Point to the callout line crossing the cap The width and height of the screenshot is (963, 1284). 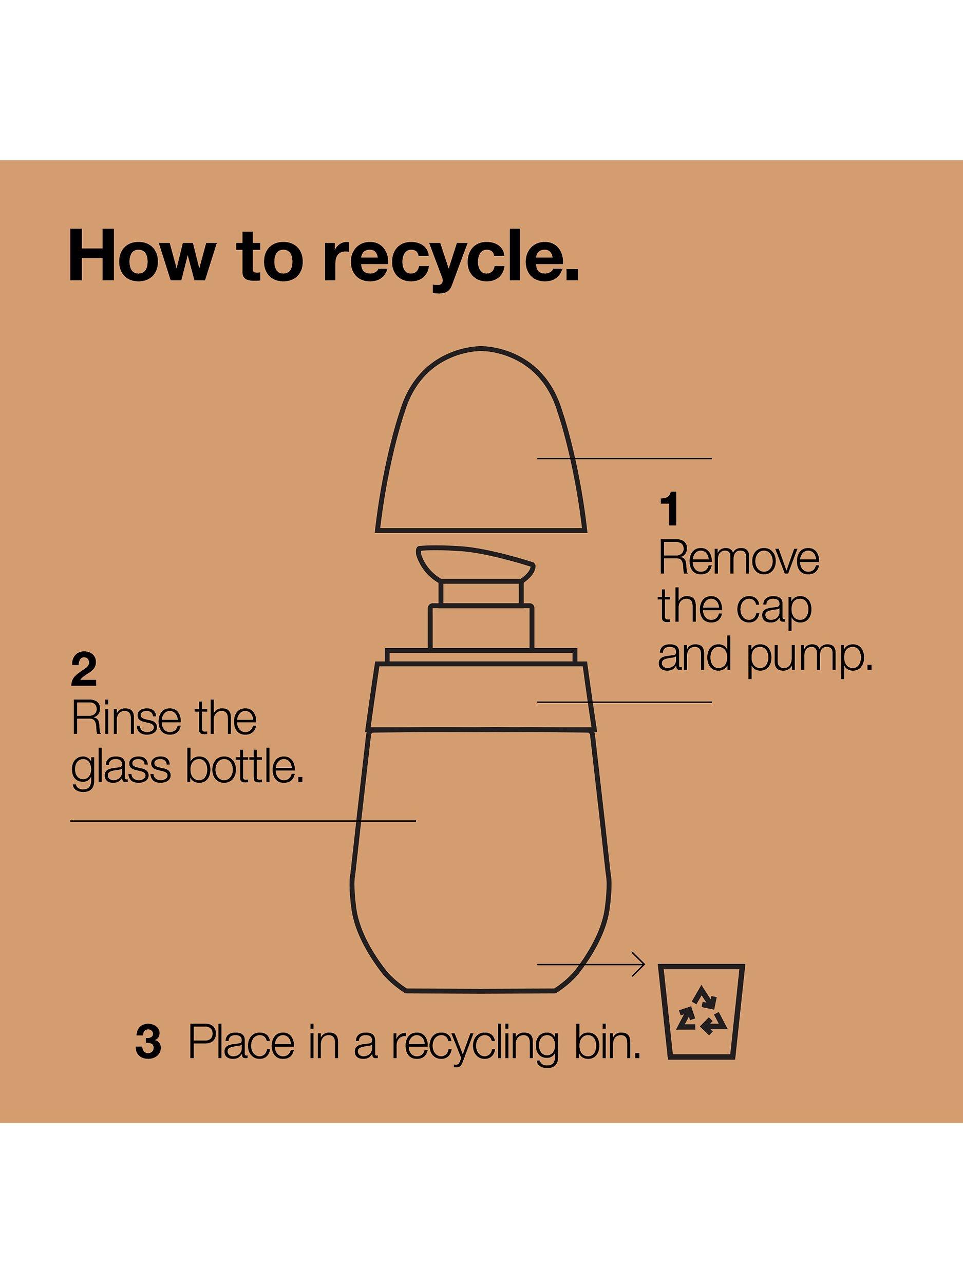625,458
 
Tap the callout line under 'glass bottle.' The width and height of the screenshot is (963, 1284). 243,821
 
